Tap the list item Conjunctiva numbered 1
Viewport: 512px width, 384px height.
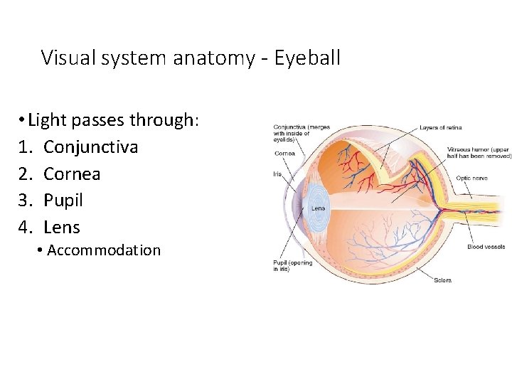tap(90, 147)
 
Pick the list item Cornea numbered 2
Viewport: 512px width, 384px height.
tap(72, 174)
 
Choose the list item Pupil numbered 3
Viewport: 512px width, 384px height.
tap(63, 201)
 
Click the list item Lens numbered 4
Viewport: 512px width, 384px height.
tap(62, 228)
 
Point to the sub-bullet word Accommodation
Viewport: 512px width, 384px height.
tap(104, 250)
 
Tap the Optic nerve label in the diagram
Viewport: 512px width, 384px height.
tap(472, 178)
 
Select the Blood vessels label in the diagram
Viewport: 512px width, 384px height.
tap(486, 247)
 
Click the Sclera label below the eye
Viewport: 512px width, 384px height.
tap(442, 280)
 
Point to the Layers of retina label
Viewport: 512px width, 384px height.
tap(440, 127)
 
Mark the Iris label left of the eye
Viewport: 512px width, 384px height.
tap(277, 173)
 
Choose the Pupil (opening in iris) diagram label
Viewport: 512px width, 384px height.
tap(293, 265)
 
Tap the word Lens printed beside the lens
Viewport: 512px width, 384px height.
tap(319, 208)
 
